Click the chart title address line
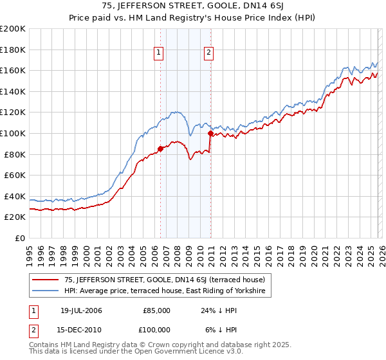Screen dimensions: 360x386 (193, 6)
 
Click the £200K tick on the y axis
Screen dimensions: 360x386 (14, 29)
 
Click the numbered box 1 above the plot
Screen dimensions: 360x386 (159, 53)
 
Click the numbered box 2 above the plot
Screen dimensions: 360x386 (210, 53)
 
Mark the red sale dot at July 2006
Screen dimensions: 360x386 (160, 149)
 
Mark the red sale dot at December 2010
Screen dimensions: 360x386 (210, 134)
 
